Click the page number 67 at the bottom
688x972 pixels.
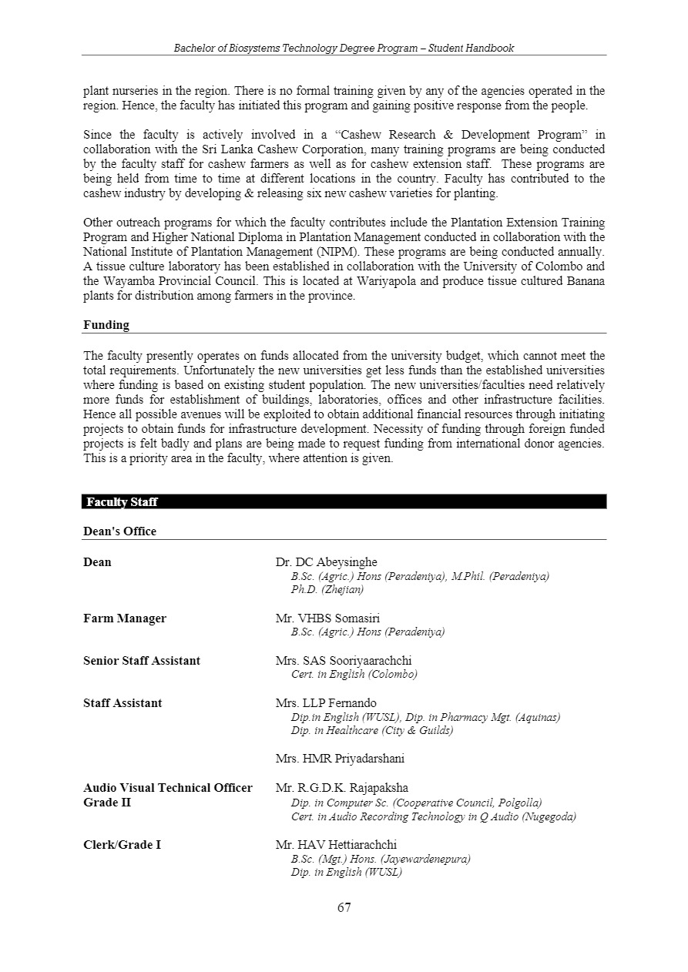pos(344,907)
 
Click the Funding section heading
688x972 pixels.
pos(106,325)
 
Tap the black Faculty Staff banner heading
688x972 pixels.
pos(122,502)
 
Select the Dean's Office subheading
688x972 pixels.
pos(119,531)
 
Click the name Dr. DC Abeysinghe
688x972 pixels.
pos(327,562)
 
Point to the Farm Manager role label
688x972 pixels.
pos(125,618)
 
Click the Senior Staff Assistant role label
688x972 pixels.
pos(142,661)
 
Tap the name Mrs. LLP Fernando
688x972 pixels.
pos(326,703)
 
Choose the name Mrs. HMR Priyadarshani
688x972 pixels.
pos(340,759)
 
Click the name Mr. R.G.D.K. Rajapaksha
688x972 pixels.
pos(342,788)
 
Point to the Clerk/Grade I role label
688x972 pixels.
pos(122,845)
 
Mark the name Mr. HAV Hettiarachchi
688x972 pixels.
pos(336,845)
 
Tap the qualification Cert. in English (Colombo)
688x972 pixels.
pos(354,675)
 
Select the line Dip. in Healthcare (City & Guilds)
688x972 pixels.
pos(372,731)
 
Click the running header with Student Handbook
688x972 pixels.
pos(344,48)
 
